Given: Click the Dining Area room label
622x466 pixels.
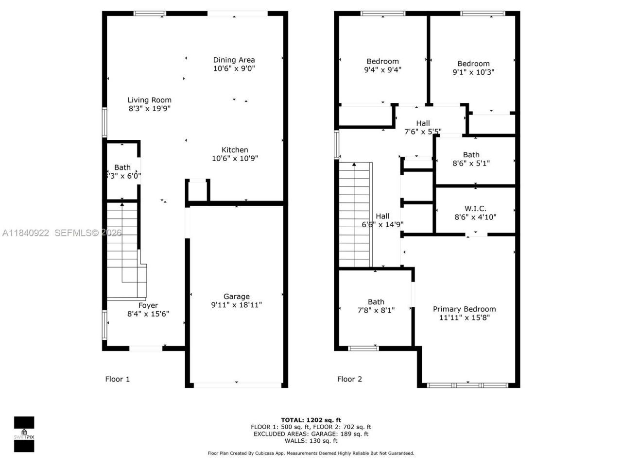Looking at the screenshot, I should tap(234, 60).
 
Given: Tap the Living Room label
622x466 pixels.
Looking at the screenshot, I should tap(149, 100).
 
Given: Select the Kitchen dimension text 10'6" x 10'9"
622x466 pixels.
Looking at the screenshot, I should tap(235, 158).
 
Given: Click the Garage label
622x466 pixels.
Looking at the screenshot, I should tap(236, 296).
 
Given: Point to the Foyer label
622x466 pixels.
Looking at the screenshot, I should tap(148, 305).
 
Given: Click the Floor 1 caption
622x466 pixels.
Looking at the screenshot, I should tap(117, 379).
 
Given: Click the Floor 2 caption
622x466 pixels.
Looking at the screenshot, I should tap(349, 379).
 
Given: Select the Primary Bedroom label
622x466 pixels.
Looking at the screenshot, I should tap(464, 309).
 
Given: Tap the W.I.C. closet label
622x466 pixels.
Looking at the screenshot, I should tap(475, 208).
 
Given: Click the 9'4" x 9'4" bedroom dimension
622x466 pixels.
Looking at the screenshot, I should tap(382, 69).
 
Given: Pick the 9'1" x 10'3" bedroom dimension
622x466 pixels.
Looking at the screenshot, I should tap(473, 72).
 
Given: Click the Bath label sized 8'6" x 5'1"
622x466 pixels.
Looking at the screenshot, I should tap(471, 155).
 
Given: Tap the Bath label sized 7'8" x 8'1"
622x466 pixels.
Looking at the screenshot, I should tap(376, 301).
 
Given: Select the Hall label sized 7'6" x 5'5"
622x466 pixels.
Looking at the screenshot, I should tap(423, 123).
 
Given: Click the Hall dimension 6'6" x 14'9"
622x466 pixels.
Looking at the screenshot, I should tap(382, 224).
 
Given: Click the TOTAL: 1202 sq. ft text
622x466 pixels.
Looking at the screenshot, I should tap(311, 420).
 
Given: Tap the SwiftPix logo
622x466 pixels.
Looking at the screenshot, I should tap(24, 434).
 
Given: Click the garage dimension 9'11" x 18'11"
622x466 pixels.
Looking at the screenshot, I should tap(236, 305).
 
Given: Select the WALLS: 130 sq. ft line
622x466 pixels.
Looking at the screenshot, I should tap(311, 441).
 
